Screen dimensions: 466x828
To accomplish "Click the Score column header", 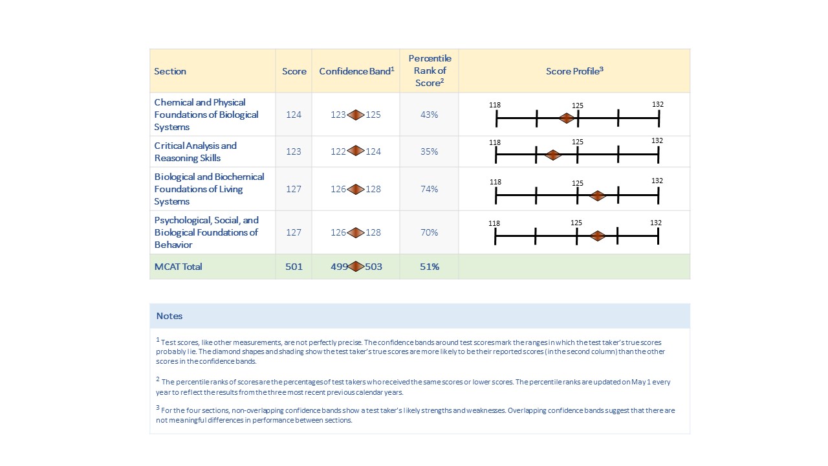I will [294, 71].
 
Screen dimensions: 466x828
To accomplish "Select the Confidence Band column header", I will [356, 71].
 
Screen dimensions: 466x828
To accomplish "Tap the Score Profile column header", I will [574, 71].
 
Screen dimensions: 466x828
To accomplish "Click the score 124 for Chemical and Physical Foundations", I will [294, 115].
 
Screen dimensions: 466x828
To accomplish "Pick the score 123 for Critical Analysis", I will [294, 151].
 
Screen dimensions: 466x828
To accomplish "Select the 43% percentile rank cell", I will [429, 115].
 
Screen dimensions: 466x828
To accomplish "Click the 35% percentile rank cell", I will [429, 151].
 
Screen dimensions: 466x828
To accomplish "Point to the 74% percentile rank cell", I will [429, 189].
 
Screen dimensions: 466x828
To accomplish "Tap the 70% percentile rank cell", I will [429, 232].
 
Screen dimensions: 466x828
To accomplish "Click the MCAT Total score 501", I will [294, 267].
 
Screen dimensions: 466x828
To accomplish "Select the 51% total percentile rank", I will [429, 267].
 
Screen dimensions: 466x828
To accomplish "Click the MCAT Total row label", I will [178, 267].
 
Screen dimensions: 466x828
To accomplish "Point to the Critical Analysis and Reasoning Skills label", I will [195, 151].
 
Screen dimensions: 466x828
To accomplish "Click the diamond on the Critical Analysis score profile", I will [552, 155].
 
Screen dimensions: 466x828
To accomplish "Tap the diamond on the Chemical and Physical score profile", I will [567, 118].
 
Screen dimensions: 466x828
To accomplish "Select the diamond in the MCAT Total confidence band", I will [356, 266].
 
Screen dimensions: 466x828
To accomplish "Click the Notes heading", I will [169, 316].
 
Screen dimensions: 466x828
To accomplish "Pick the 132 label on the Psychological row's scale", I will [656, 223].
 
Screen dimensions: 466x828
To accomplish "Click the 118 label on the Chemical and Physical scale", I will [496, 105].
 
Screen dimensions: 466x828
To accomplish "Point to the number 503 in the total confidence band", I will [373, 267].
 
